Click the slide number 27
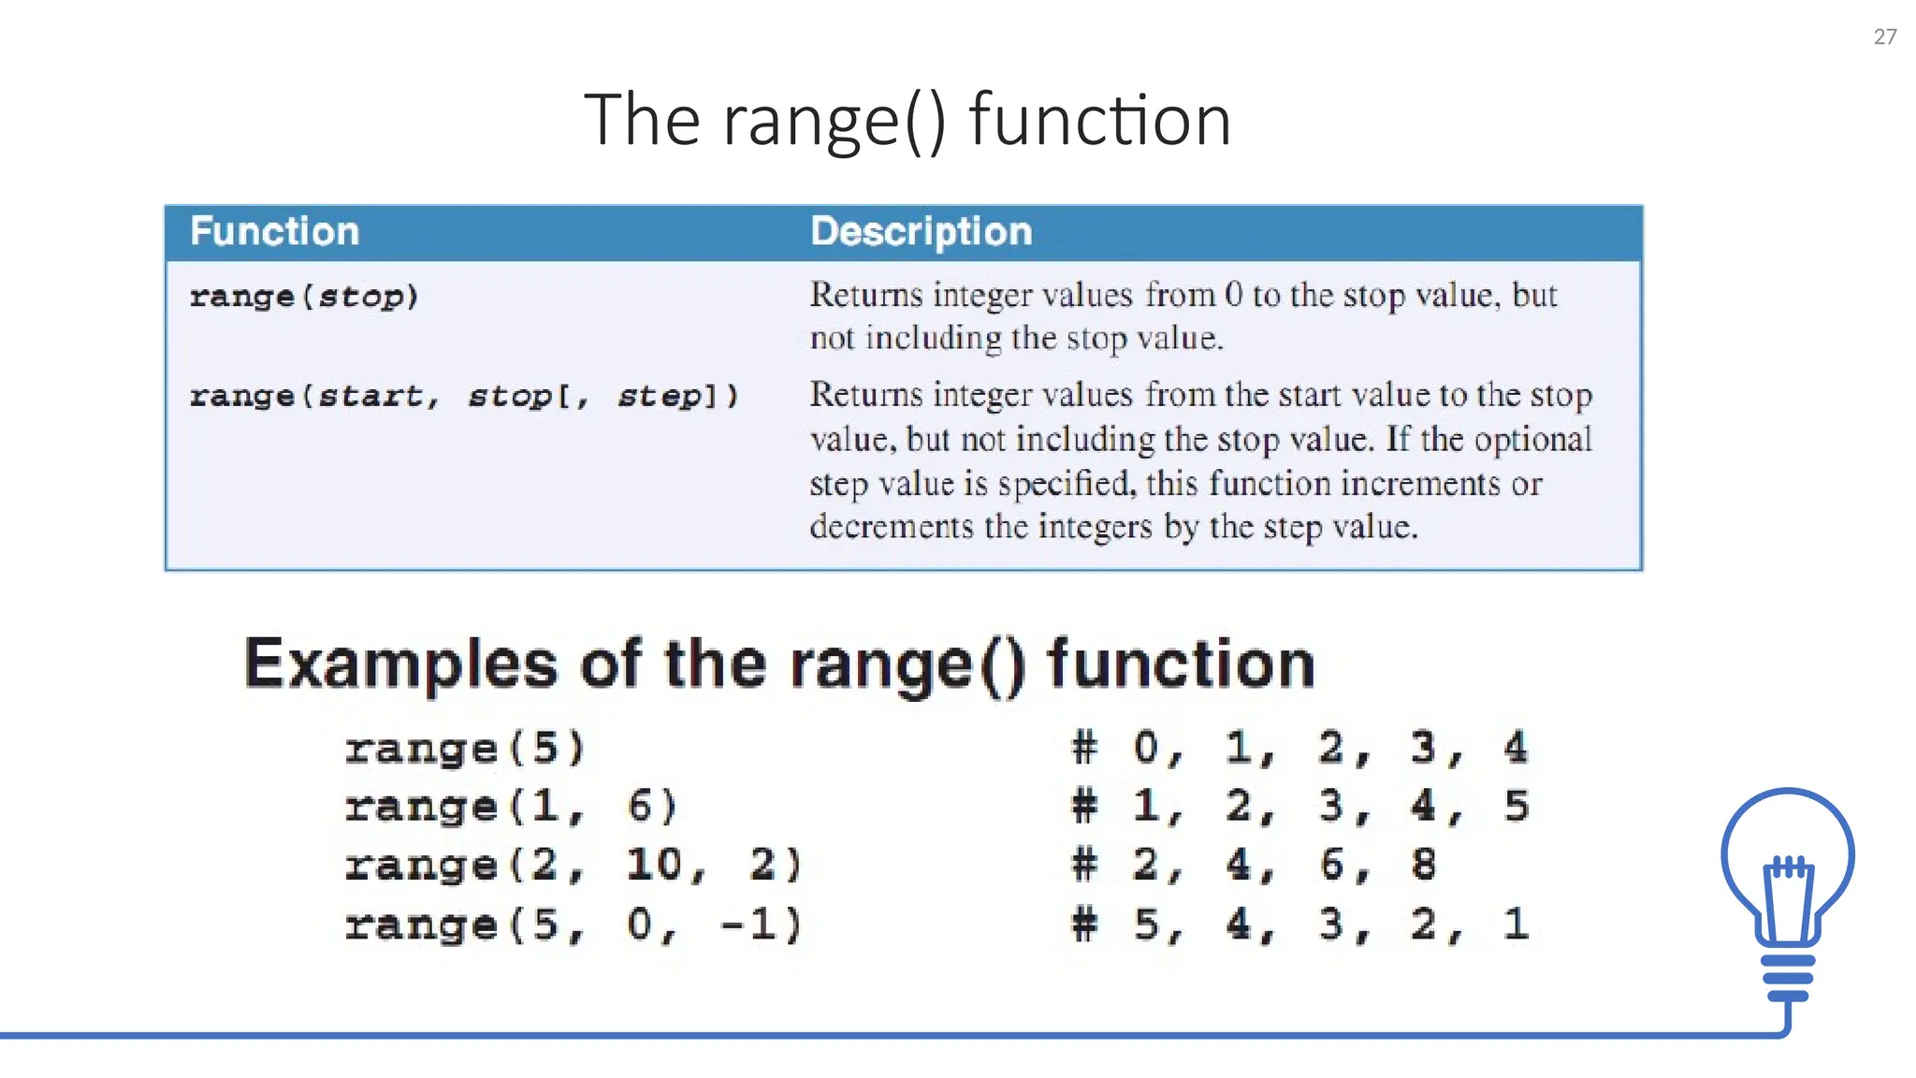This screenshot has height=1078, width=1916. tap(1884, 36)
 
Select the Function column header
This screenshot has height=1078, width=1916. tap(274, 231)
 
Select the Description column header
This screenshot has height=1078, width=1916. tap(921, 231)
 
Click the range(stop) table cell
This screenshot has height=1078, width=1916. tap(304, 297)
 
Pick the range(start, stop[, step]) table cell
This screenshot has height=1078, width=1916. tap(464, 396)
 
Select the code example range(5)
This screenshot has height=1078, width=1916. tap(465, 749)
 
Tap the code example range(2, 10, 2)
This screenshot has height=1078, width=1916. tap(573, 865)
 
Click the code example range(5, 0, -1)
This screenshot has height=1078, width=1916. tap(573, 925)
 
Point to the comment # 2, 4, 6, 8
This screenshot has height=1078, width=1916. tap(1253, 865)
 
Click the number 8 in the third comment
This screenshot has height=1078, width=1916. tap(1423, 865)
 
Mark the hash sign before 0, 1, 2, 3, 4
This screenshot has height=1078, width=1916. tap(1084, 748)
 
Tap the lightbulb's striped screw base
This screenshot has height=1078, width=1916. tap(1788, 978)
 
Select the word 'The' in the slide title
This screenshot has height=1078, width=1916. tap(642, 121)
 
